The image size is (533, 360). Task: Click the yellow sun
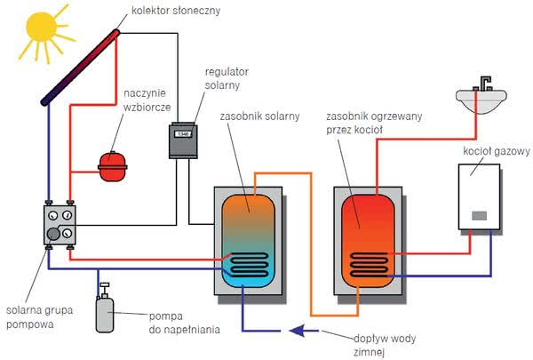point(42,28)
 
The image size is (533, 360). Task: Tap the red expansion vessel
point(113,166)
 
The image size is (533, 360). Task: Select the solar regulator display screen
point(183,133)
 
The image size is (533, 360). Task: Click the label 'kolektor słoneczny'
point(176,11)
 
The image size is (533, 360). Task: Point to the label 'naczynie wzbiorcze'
point(147,100)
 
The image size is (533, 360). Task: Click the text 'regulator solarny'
point(227,78)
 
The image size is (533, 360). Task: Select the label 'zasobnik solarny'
point(259,116)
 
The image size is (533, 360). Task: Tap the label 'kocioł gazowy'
point(497,151)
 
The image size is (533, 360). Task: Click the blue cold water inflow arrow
point(304,331)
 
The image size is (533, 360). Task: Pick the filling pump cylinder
point(105,315)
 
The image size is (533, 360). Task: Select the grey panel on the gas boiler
point(480,216)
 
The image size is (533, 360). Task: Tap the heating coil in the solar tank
point(249,264)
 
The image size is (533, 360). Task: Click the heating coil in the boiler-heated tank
point(369,264)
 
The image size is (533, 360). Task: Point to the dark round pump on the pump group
point(53,234)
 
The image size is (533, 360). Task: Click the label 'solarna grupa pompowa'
point(39,316)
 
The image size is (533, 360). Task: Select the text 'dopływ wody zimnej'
point(385,345)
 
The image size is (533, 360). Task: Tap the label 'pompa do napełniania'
point(184,323)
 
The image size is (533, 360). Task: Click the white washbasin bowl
point(481,100)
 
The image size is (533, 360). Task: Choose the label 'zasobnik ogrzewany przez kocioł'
point(374,123)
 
